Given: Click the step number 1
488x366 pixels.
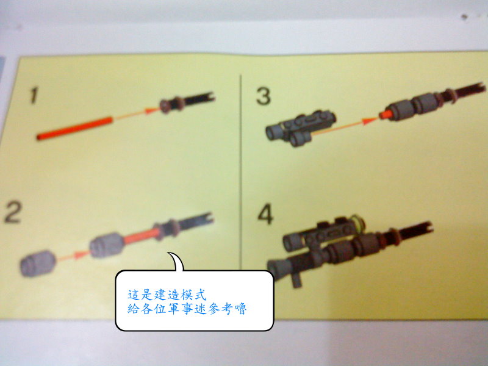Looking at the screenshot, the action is pos(34,95).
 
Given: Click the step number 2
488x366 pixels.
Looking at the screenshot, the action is pos(13,212).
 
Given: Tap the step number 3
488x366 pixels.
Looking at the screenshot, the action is pos(264,96).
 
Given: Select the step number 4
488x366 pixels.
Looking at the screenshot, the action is pos(265,214).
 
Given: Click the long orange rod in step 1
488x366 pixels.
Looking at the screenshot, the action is pos(74,128).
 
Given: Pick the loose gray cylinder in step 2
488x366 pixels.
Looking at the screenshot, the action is pos(38,264).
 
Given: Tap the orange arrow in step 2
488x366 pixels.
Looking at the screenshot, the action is pos(73,256).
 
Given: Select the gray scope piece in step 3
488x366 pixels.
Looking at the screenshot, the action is pos(300,128).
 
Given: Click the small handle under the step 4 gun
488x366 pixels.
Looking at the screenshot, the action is pos(297,280).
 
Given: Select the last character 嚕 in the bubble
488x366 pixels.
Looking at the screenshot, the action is pos(240,309).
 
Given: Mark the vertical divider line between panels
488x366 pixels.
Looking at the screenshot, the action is pos(240,172).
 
